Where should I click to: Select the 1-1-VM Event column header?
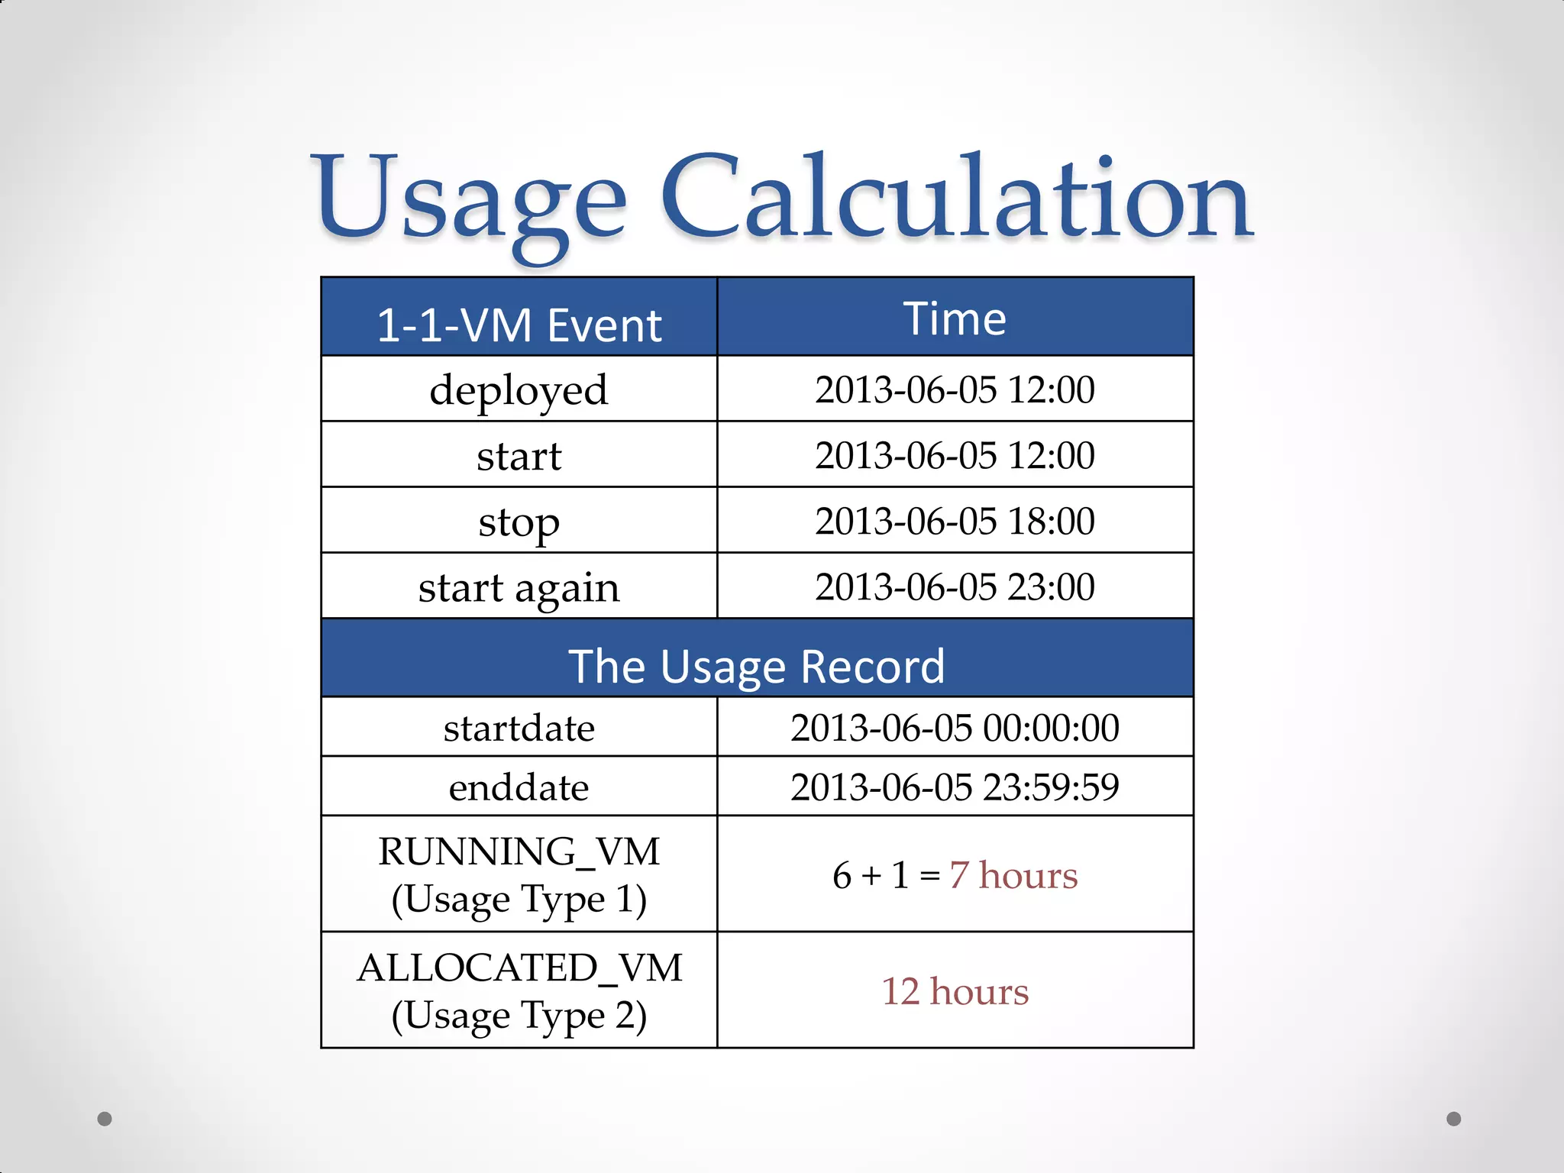[519, 325]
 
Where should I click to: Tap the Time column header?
[955, 318]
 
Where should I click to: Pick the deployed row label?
[519, 390]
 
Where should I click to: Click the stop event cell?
[519, 522]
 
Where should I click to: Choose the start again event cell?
[519, 588]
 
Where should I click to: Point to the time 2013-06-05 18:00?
[955, 521]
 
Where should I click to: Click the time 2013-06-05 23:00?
[955, 586]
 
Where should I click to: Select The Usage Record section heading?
[756, 666]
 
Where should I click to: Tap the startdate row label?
[519, 728]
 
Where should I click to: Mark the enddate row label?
[519, 787]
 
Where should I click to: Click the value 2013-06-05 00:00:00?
[955, 728]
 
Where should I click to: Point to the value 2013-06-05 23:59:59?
[955, 787]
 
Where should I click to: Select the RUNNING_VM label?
[519, 851]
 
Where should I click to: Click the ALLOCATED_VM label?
[519, 968]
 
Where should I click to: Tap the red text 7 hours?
[1013, 875]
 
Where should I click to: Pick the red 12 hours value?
[955, 991]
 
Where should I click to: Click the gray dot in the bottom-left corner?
[105, 1119]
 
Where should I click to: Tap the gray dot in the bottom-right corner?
[1454, 1119]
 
